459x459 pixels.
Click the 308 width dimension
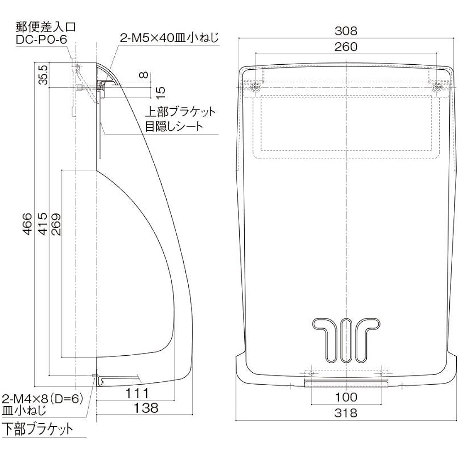click(x=346, y=31)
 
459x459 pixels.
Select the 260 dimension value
click(x=346, y=47)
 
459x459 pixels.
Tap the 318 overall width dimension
click(x=346, y=413)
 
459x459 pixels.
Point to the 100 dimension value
click(x=346, y=397)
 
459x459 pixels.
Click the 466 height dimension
click(x=27, y=224)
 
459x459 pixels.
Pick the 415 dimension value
click(x=43, y=224)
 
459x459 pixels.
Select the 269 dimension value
click(x=56, y=224)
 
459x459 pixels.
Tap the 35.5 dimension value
click(x=43, y=75)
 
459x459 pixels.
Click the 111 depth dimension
click(x=137, y=393)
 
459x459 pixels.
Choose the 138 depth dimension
click(x=146, y=408)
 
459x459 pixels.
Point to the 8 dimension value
click(x=144, y=75)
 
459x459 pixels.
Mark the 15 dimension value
click(x=160, y=93)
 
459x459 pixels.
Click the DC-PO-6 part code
click(x=41, y=40)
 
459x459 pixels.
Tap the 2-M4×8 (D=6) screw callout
click(x=42, y=399)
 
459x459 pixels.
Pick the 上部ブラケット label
click(x=180, y=112)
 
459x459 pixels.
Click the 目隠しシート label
click(x=174, y=126)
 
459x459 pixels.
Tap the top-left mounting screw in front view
click(x=256, y=87)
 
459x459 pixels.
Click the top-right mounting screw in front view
click(x=436, y=87)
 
